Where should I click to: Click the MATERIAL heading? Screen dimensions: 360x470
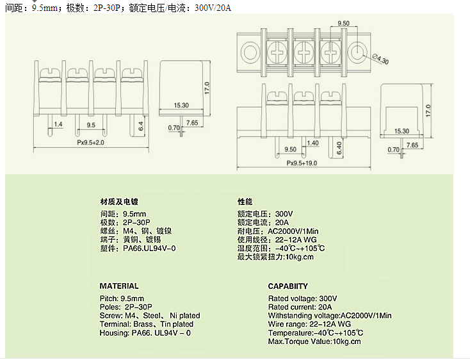tap(119, 286)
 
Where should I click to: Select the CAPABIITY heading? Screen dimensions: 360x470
tap(288, 286)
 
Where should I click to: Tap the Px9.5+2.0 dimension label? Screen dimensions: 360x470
tap(90, 142)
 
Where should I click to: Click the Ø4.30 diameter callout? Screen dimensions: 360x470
tap(380, 60)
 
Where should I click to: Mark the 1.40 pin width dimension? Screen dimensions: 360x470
tap(313, 143)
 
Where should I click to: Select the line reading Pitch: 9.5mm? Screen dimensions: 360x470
tap(122, 299)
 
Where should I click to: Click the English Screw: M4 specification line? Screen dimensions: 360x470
tap(150, 316)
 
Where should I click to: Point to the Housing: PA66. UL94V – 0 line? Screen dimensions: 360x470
tap(145, 333)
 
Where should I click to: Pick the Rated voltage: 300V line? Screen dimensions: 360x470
tap(302, 299)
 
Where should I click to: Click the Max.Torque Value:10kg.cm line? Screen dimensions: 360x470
tap(314, 341)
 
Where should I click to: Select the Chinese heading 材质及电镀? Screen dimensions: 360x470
tap(118, 201)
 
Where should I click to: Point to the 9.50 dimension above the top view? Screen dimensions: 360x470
tap(343, 23)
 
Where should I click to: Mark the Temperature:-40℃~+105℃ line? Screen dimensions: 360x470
tap(316, 333)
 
